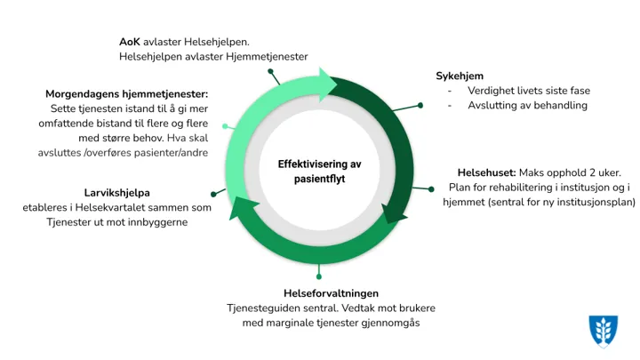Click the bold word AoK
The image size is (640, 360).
pos(129,42)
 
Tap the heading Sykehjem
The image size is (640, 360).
pos(460,76)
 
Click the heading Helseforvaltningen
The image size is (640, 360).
pos(331,293)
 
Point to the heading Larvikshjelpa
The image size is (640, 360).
pos(116,192)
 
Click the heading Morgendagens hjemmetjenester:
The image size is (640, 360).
pos(127,93)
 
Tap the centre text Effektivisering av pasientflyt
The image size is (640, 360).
pos(319,172)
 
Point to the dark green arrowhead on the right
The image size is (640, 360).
pos(397,212)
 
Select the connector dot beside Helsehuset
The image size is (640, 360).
pos(431,188)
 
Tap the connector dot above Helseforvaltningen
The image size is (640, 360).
pos(332,275)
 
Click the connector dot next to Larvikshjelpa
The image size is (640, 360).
pos(213,193)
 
